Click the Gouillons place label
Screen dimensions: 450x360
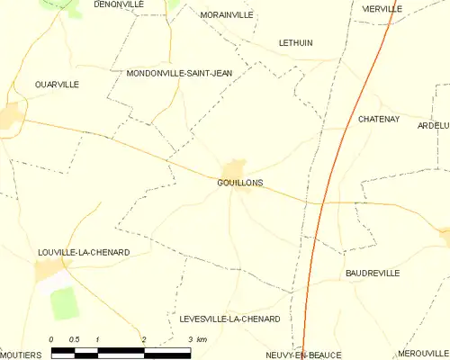point(239,182)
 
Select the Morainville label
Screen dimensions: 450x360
point(226,15)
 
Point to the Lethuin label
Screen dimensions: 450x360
point(295,42)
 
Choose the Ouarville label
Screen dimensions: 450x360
point(57,84)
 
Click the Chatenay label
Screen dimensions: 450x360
point(378,119)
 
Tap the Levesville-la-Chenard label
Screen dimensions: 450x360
point(229,319)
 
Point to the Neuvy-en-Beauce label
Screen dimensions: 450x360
point(303,355)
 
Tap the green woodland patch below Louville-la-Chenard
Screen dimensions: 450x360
point(64,304)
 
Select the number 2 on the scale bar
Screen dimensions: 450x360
point(143,339)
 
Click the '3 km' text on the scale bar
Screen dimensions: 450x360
point(197,339)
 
